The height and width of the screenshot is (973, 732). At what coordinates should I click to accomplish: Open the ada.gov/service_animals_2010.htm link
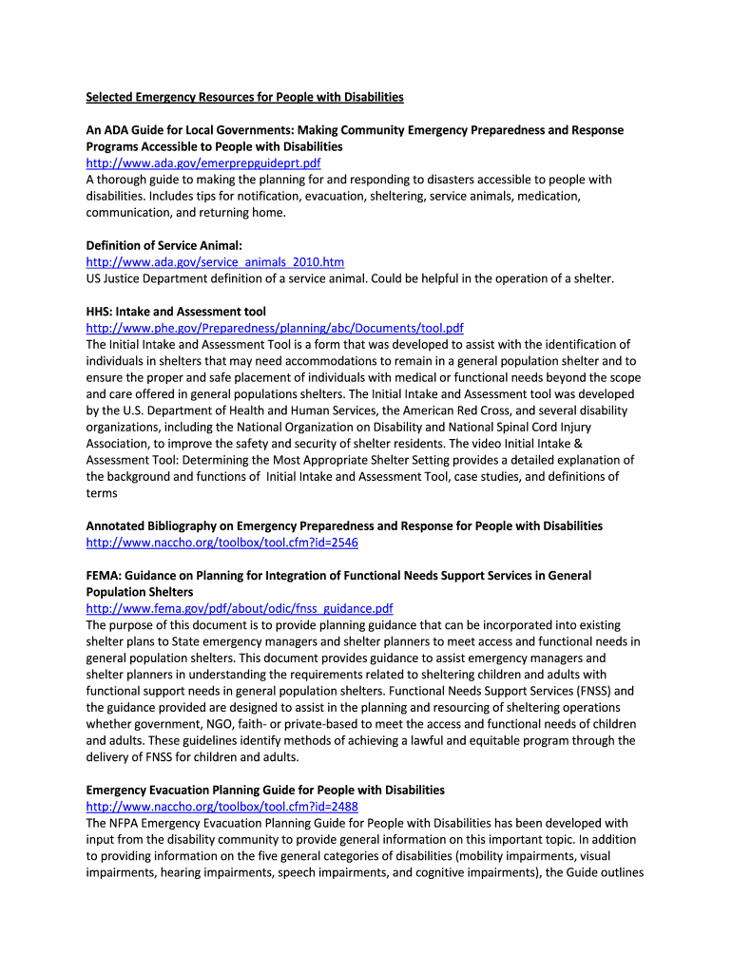tap(215, 262)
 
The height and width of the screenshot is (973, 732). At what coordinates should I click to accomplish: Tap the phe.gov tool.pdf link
tap(275, 328)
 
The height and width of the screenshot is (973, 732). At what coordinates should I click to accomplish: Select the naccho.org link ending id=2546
tap(222, 543)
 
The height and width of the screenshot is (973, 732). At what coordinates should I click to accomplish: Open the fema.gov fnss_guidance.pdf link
tap(240, 608)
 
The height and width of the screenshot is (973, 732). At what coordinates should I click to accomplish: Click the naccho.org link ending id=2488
tap(222, 807)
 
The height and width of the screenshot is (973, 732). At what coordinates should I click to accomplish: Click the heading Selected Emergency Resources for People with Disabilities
tap(245, 97)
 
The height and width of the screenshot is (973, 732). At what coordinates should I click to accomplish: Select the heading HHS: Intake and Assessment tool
tap(176, 312)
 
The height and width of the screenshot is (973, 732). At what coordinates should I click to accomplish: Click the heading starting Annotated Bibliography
tap(344, 525)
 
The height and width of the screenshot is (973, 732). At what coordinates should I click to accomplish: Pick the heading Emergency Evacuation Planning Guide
tap(265, 790)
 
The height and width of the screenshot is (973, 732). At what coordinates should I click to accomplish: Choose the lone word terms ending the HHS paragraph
tap(102, 493)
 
